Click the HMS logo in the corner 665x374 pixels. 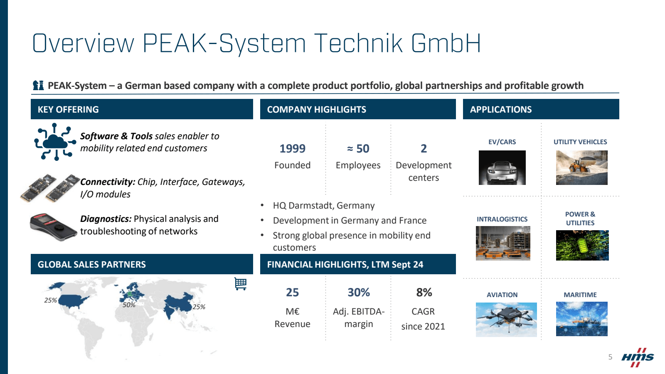(x=638, y=357)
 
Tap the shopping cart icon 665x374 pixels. (x=241, y=284)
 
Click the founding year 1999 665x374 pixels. (x=293, y=148)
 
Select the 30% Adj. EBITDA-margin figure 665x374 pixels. (x=359, y=293)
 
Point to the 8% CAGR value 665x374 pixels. (x=424, y=293)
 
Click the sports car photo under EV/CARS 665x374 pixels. (x=502, y=168)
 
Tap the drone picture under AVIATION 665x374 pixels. (x=506, y=320)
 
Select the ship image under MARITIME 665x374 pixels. (x=581, y=319)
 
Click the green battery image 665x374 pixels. (x=582, y=246)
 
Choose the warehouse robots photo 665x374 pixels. (x=503, y=244)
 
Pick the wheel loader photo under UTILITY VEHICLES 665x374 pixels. (x=581, y=168)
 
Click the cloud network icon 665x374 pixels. (x=55, y=142)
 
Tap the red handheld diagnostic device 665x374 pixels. (x=53, y=227)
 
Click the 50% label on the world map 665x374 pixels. (x=129, y=305)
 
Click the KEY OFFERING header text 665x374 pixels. (x=68, y=110)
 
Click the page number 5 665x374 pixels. (x=610, y=357)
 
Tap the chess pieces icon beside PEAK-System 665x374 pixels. (x=38, y=86)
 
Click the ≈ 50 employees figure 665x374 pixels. (x=358, y=148)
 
